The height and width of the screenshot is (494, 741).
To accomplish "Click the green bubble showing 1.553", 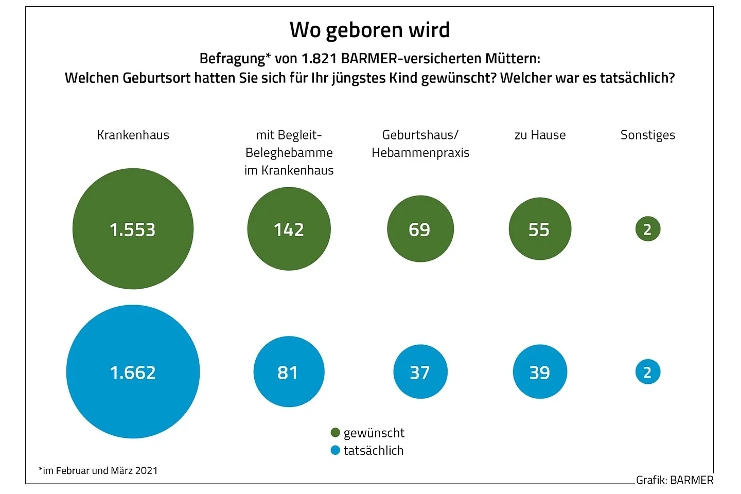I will [133, 228].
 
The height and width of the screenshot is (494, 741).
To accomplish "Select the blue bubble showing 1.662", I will [133, 372].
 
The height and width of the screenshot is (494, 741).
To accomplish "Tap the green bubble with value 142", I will [289, 228].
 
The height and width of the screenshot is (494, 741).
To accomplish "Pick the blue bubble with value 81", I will [289, 372].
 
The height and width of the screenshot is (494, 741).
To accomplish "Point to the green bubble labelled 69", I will [420, 228].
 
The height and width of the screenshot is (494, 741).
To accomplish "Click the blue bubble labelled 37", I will [420, 372].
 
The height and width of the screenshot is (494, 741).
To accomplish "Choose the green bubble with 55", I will [540, 228].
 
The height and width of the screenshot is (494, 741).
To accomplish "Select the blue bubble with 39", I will [540, 372].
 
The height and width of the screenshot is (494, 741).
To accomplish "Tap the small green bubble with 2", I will [648, 229].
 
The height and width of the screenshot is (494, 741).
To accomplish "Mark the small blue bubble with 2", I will [648, 372].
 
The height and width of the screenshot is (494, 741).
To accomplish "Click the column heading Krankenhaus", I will [133, 135].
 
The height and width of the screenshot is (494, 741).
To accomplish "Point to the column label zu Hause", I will [540, 135].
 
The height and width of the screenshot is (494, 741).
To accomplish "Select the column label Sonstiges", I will [648, 135].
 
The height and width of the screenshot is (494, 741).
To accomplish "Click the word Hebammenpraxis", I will [420, 153].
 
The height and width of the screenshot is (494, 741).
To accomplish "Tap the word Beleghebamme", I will [289, 153].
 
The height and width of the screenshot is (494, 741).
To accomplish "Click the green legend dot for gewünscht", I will [336, 432].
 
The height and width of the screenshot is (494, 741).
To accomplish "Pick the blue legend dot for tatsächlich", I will [336, 450].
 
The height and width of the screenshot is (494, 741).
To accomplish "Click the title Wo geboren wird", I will [369, 30].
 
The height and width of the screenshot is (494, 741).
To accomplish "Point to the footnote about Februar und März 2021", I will [98, 470].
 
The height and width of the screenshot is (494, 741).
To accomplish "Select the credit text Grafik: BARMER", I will [675, 480].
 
